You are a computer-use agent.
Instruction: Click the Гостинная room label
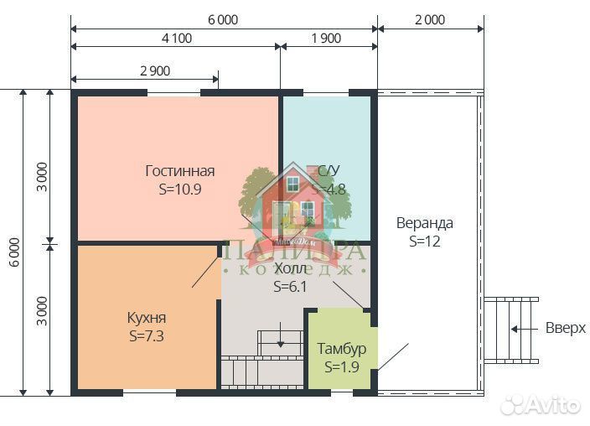(x=179, y=170)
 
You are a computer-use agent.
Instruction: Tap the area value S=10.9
(x=179, y=189)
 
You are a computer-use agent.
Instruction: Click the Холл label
(x=291, y=268)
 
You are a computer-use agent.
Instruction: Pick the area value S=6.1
(x=291, y=286)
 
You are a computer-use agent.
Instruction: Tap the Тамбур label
(x=341, y=348)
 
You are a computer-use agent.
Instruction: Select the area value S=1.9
(x=341, y=366)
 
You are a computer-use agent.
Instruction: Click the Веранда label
(x=425, y=223)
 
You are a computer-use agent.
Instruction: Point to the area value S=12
(x=425, y=241)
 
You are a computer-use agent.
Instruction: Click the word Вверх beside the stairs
(x=565, y=328)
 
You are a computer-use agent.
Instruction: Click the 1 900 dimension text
(x=325, y=38)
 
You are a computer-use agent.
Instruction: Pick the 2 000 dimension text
(x=429, y=19)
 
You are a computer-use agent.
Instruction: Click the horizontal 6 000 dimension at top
(x=222, y=19)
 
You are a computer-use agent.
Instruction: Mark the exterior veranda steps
(x=511, y=328)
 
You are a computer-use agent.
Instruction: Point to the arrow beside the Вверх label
(x=525, y=328)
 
